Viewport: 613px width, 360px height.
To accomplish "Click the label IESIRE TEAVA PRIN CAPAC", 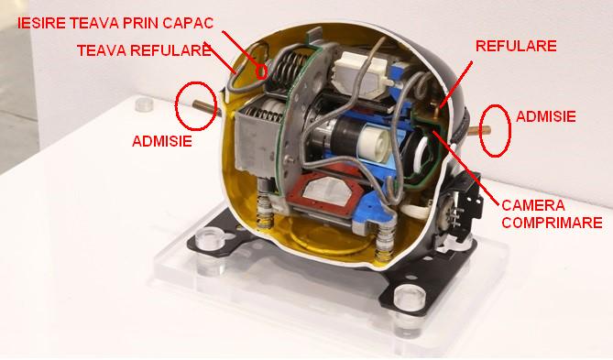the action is [115, 23].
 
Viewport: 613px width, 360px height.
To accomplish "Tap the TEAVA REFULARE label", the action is [144, 50].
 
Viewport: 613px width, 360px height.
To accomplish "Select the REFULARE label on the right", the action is [516, 46].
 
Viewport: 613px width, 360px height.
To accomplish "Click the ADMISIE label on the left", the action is [162, 141].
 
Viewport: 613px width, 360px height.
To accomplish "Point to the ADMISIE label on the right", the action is [546, 116].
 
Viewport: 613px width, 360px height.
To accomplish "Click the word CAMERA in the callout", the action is [533, 205].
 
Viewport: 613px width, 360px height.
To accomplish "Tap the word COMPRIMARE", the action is [552, 223].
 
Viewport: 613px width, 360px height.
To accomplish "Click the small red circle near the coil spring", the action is [261, 71].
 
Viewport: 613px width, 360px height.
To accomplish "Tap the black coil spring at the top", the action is [289, 69].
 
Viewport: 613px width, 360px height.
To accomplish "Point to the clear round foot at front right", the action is [410, 299].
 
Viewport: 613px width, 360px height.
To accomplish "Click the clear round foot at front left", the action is [211, 240].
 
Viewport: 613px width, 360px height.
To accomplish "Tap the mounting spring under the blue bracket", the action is [384, 243].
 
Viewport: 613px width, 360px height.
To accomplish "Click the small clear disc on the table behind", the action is [145, 104].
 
